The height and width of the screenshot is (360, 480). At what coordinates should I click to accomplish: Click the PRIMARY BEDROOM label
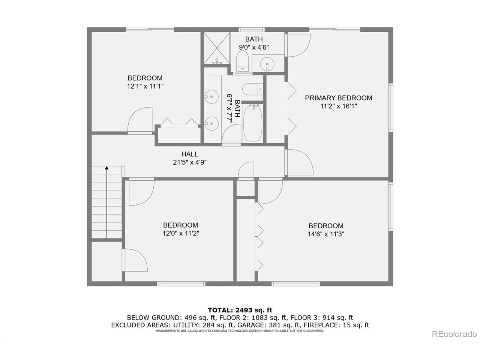338,98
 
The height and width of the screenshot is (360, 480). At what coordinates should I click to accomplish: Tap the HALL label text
190,154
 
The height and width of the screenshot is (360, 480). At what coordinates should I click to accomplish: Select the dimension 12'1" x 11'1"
145,86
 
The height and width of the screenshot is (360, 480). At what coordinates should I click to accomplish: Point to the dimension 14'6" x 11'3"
326,234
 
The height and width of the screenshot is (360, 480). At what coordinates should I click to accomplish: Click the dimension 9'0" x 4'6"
254,47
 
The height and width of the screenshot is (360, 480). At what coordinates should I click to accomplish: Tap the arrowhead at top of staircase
107,169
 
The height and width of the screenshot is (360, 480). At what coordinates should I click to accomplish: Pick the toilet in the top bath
243,61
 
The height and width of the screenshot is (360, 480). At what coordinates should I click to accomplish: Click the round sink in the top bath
267,62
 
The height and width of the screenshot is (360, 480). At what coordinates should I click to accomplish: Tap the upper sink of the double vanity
212,97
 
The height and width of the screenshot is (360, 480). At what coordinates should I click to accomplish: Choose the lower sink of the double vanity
212,122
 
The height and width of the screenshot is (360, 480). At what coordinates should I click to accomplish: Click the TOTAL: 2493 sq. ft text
240,310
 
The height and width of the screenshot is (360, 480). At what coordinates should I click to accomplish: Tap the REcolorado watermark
454,334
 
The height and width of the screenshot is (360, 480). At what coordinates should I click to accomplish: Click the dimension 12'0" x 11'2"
180,233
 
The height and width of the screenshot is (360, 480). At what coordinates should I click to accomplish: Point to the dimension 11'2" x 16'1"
338,106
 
